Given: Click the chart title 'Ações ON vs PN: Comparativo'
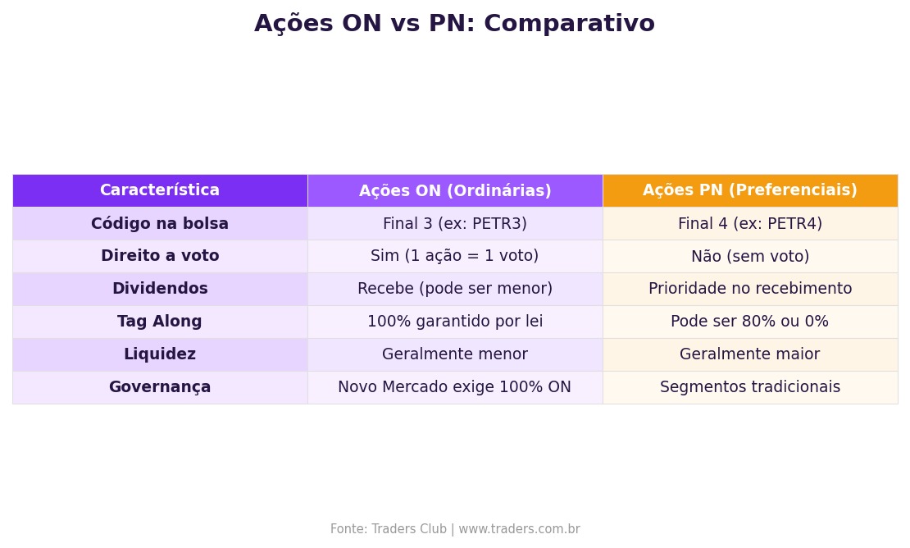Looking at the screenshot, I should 454,25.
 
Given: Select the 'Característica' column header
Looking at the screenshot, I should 160,190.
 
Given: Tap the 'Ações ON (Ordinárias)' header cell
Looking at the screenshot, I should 455,190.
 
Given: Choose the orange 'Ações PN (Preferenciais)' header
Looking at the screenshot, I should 749,190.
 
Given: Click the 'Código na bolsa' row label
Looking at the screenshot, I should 160,223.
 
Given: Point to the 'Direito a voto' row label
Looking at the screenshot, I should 160,256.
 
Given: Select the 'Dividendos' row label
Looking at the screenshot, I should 160,289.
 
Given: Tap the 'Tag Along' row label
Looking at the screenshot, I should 160,322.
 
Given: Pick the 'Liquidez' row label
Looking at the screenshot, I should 160,354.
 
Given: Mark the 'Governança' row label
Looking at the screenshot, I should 160,387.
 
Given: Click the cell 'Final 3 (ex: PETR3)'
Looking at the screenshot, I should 455,223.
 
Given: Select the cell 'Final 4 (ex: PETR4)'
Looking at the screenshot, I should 749,223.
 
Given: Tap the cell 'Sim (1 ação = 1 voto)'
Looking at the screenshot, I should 455,256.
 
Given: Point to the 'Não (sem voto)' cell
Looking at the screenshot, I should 749,256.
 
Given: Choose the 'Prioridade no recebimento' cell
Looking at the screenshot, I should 749,289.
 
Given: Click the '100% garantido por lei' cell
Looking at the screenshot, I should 455,322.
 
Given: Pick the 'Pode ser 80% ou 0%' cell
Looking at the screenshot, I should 749,322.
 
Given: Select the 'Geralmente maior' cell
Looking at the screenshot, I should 749,354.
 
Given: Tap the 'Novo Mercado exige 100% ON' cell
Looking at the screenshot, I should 455,387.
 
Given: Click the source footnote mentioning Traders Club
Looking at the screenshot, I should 455,529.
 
